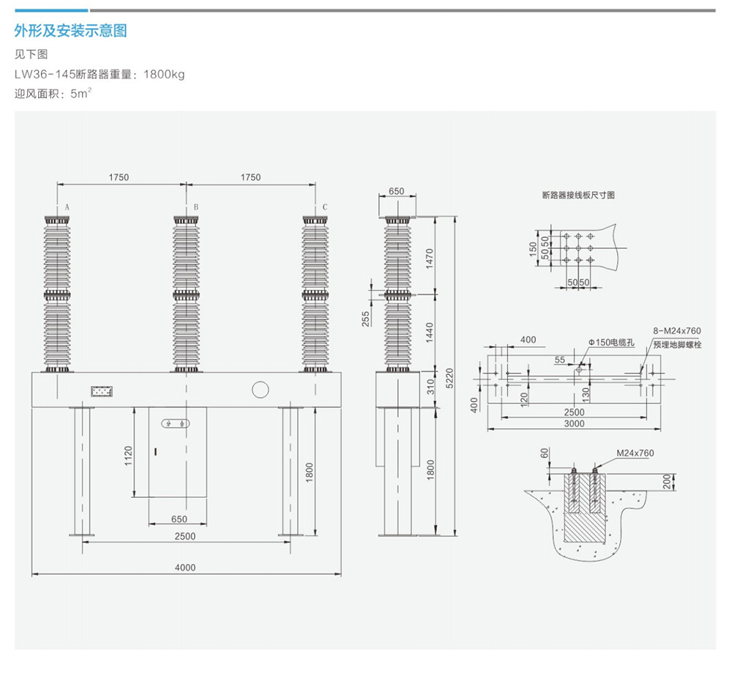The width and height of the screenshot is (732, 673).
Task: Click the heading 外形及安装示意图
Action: [71, 31]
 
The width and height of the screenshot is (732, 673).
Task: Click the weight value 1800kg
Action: [165, 74]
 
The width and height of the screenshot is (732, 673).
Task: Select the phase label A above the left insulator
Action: [67, 208]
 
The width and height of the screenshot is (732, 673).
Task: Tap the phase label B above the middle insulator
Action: [196, 208]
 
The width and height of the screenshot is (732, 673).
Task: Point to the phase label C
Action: [325, 208]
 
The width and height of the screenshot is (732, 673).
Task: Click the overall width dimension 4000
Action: [186, 568]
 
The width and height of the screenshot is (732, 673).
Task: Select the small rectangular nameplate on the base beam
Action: [102, 392]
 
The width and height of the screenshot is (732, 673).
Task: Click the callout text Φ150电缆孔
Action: [610, 343]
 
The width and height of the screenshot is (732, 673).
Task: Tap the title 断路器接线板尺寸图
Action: [578, 196]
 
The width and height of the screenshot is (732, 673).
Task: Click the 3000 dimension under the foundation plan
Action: [574, 425]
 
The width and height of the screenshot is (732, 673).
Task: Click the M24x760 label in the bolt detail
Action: [635, 453]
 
